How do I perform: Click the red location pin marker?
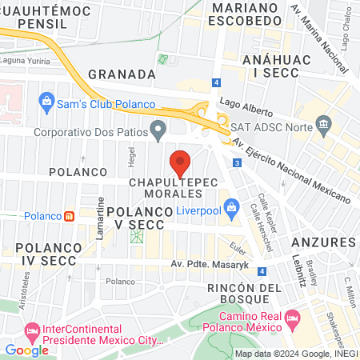click(x=181, y=163)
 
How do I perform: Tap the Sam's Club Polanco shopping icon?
click(x=46, y=102)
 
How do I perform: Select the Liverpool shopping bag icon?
click(x=231, y=209)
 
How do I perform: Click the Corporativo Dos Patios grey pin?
click(x=158, y=129)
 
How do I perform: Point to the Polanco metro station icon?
click(x=70, y=215)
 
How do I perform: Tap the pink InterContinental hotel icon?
click(x=33, y=330)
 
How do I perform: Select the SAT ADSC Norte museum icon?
click(x=324, y=124)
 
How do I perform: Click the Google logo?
click(x=26, y=349)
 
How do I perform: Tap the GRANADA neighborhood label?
click(x=121, y=74)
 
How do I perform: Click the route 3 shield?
click(x=238, y=163)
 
